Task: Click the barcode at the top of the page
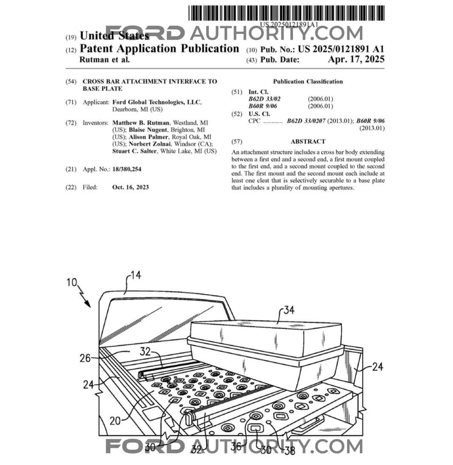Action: click(286, 13)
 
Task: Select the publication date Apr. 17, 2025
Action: click(356, 59)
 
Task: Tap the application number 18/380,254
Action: click(127, 169)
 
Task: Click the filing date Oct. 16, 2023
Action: click(130, 187)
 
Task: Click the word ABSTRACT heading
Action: click(308, 141)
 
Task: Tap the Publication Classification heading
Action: click(308, 82)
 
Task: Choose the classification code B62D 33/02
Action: click(264, 99)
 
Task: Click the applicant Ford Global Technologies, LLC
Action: click(156, 102)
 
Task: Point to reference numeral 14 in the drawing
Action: click(136, 276)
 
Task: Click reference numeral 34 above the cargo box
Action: click(289, 310)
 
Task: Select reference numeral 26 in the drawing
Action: click(85, 358)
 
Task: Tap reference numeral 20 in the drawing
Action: click(115, 421)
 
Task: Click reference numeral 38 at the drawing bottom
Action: click(290, 451)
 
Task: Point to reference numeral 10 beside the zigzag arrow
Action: click(72, 282)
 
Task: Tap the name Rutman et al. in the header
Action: click(105, 60)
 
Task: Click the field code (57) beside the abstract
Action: click(237, 141)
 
